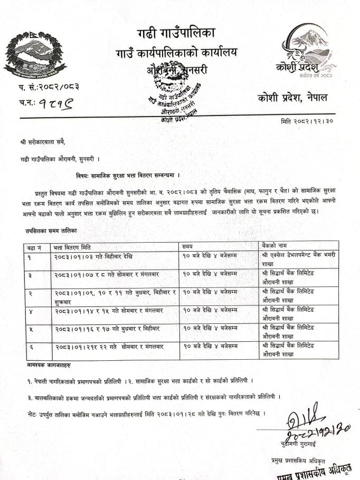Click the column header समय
(x=187, y=247)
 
